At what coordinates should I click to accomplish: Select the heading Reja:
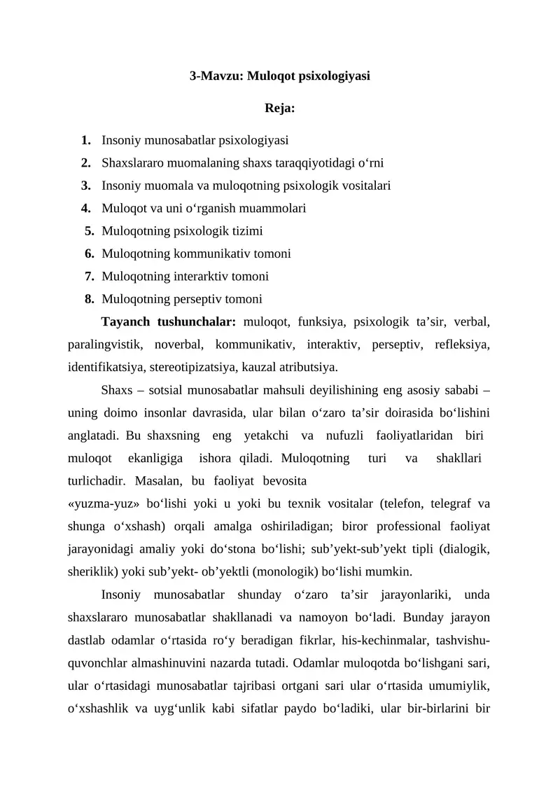280,109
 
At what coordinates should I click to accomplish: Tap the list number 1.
85,141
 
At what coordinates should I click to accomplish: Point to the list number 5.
90,231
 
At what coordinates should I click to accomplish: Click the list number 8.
90,300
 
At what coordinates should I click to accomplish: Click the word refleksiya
462,345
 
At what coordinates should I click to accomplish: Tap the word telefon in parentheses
405,503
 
